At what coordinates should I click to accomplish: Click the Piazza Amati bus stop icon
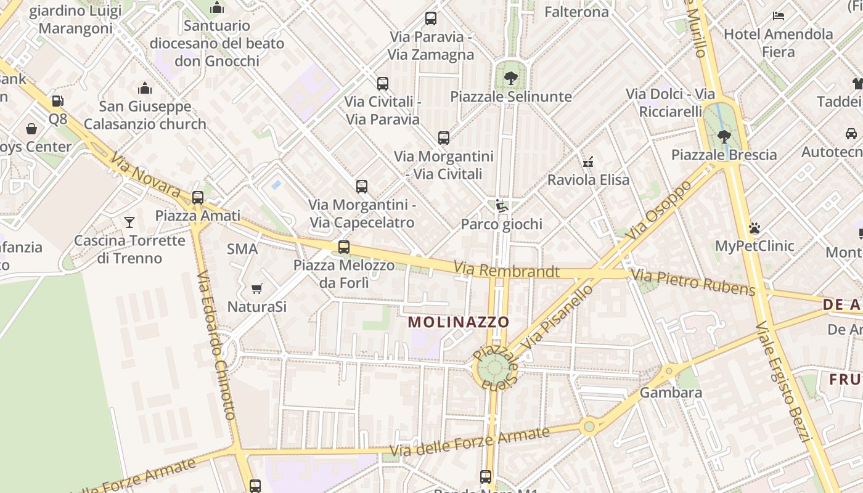(198, 198)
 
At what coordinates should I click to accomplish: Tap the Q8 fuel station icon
(57, 100)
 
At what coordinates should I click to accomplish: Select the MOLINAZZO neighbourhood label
(459, 322)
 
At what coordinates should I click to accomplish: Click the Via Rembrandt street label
(507, 270)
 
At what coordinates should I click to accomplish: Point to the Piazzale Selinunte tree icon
(510, 78)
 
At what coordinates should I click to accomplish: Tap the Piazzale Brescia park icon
(724, 136)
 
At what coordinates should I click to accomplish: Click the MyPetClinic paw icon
(755, 228)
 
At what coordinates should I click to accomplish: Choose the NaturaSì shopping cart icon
(257, 288)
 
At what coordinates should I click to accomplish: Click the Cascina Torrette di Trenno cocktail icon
(129, 222)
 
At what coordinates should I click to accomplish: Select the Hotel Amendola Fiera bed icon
(779, 15)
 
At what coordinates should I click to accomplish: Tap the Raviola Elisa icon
(588, 162)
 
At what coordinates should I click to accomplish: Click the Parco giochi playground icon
(502, 206)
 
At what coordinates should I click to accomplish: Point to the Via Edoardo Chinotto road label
(216, 345)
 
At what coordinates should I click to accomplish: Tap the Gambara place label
(671, 392)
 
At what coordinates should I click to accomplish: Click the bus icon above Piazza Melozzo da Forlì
(344, 247)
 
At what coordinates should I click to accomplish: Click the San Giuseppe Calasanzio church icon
(145, 88)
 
